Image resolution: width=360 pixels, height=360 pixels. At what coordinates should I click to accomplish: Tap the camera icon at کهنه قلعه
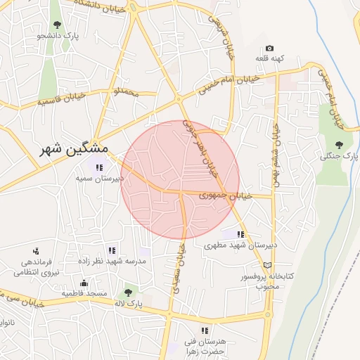coord(269,48)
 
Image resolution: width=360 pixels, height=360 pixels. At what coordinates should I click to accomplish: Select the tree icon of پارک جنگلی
coord(339,144)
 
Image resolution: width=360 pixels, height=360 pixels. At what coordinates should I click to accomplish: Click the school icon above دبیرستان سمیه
coord(100,167)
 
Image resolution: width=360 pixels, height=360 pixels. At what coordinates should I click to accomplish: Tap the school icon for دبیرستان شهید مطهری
coord(240,234)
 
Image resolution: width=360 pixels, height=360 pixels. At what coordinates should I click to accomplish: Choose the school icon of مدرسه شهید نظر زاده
coord(112,250)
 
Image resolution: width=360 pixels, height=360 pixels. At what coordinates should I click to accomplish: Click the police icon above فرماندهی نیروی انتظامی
coord(37,250)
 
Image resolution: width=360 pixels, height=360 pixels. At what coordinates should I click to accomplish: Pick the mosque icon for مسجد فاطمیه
coord(84,283)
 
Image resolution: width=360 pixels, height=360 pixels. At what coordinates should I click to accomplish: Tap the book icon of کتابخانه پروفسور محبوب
coord(266,265)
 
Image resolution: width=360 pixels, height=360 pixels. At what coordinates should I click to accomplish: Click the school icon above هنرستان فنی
coord(205,330)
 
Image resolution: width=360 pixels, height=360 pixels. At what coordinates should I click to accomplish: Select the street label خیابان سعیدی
coord(176,270)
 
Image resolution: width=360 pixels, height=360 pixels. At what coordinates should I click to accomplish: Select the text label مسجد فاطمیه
coord(84,293)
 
